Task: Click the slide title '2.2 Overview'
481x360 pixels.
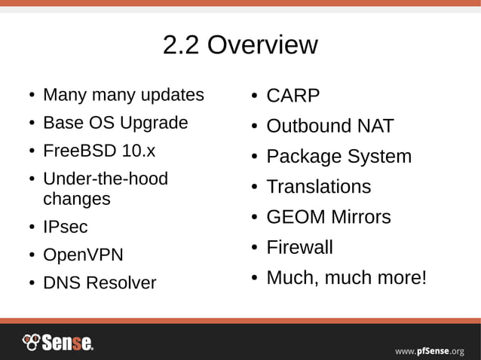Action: pos(240,45)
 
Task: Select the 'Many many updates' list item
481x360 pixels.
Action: pos(124,95)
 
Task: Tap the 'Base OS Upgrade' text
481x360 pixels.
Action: pos(115,123)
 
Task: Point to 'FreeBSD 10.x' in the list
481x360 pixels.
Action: pos(99,151)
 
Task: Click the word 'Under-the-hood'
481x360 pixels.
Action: pos(106,179)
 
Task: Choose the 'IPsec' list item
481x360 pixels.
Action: pos(66,227)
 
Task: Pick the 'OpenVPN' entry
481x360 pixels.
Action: pos(83,255)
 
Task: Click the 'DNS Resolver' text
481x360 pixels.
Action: pos(100,283)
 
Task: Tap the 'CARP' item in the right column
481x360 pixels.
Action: pos(293,96)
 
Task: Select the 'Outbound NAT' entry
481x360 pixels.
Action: pos(329,127)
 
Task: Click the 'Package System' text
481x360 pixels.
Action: pos(339,157)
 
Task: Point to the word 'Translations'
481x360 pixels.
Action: pos(318,187)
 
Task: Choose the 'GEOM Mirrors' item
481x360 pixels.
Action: pos(328,218)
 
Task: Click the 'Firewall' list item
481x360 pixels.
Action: pos(299,248)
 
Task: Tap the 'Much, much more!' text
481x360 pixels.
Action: pos(346,278)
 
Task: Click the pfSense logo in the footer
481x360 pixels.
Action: pos(58,343)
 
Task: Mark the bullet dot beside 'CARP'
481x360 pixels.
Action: pos(256,97)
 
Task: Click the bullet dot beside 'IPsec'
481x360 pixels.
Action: pos(32,227)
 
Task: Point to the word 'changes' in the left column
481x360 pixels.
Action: pos(77,200)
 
